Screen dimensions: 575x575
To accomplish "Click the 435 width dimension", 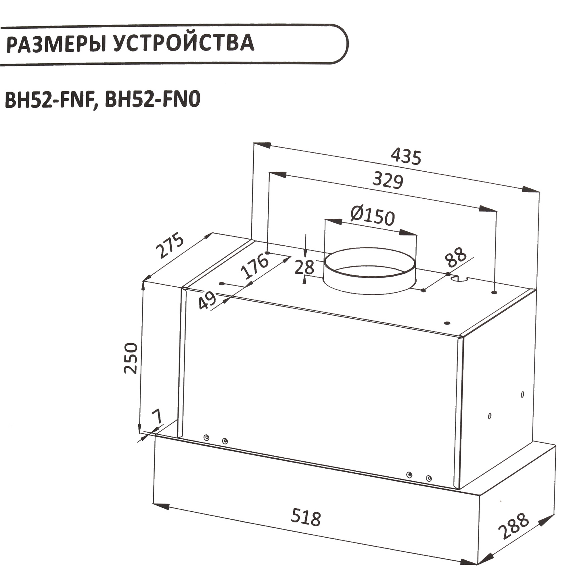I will pos(406,157).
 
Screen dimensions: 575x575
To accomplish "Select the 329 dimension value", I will pos(388,180).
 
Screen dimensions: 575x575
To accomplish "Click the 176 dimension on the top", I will pos(255,267).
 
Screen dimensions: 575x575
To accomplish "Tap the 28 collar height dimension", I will pos(304,267).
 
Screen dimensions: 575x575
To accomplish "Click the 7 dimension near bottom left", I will pos(157,416).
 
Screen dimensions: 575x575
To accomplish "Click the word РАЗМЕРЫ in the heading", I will pos(56,44).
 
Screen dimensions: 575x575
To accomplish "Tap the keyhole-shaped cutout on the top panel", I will pos(459,278).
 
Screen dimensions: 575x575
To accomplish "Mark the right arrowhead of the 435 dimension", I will pos(531,189).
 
